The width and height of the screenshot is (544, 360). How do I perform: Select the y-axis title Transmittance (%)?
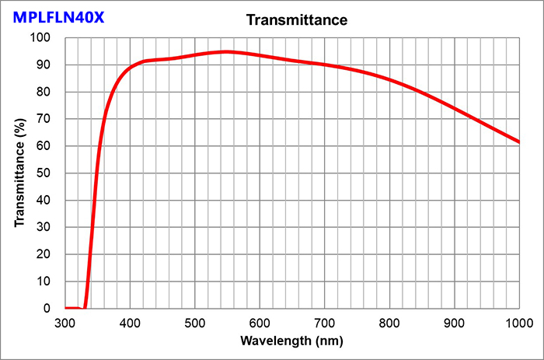[x=19, y=173]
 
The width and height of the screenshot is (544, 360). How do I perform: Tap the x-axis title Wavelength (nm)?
[x=291, y=341]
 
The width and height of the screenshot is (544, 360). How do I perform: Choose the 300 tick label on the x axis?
[x=65, y=323]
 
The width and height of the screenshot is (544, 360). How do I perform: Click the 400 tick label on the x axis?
[x=131, y=323]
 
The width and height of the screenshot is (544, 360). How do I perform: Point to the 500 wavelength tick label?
[x=195, y=323]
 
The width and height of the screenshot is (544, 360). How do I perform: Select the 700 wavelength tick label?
[x=325, y=323]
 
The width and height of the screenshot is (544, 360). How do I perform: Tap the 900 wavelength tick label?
[x=455, y=323]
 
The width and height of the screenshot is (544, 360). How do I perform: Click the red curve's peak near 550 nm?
[x=226, y=52]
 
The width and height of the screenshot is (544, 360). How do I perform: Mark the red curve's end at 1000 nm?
[x=518, y=142]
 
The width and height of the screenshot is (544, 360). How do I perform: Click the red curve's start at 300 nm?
[x=66, y=308]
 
